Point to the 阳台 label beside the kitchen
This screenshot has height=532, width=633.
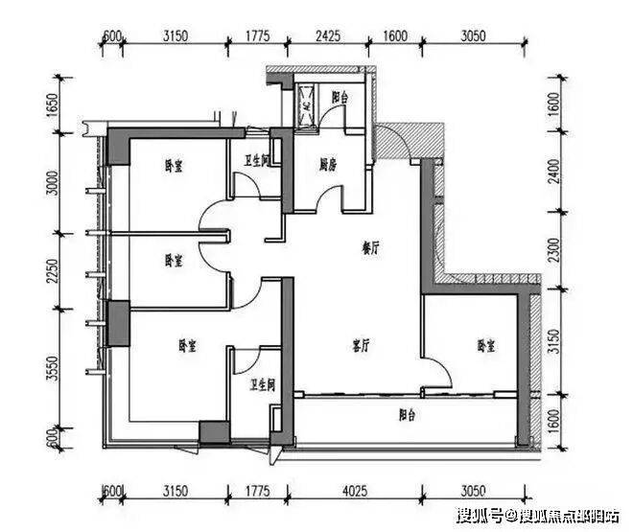click(x=340, y=98)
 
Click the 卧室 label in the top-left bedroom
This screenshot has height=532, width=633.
click(x=174, y=165)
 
